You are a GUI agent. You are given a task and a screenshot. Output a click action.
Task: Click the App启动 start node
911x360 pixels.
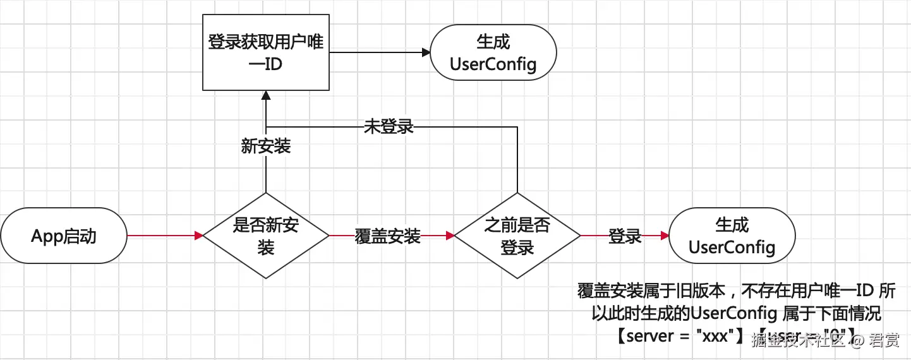pos(64,236)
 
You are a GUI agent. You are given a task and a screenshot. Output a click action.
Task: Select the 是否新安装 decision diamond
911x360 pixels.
pos(266,236)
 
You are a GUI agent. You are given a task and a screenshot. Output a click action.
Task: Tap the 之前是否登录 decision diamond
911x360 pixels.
pos(517,236)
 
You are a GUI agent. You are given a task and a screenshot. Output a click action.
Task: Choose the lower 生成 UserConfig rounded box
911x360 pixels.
pos(732,236)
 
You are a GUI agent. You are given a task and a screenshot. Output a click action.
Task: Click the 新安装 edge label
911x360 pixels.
pos(266,147)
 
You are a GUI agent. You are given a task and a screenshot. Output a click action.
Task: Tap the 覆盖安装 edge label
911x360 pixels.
pos(388,237)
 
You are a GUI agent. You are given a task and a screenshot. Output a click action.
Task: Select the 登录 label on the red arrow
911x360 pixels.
pos(625,237)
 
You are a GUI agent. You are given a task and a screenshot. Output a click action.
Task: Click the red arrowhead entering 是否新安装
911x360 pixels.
pos(198,236)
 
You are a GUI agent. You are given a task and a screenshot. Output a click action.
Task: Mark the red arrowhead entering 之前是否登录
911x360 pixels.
pos(450,236)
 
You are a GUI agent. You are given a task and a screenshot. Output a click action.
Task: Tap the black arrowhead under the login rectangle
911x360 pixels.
pos(266,94)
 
